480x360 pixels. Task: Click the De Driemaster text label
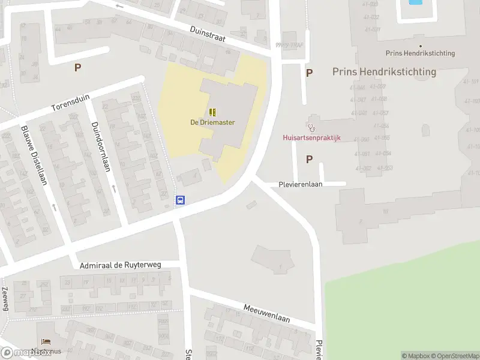[x=212, y=122]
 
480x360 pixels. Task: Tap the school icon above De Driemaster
[x=212, y=112]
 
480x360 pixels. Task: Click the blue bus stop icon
[x=179, y=200]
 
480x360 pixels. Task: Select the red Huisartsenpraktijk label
[x=311, y=137]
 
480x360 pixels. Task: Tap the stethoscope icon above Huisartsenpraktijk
[x=311, y=127]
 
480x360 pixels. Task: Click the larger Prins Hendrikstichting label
[x=384, y=72]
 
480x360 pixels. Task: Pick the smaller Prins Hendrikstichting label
[x=420, y=53]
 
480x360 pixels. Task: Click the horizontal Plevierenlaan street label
[x=301, y=184]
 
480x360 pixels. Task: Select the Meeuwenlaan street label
[x=266, y=313]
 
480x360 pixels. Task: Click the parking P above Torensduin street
[x=77, y=68]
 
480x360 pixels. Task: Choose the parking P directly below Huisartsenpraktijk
[x=309, y=159]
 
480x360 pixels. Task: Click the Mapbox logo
[x=25, y=353]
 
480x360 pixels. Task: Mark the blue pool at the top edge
[x=415, y=2]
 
